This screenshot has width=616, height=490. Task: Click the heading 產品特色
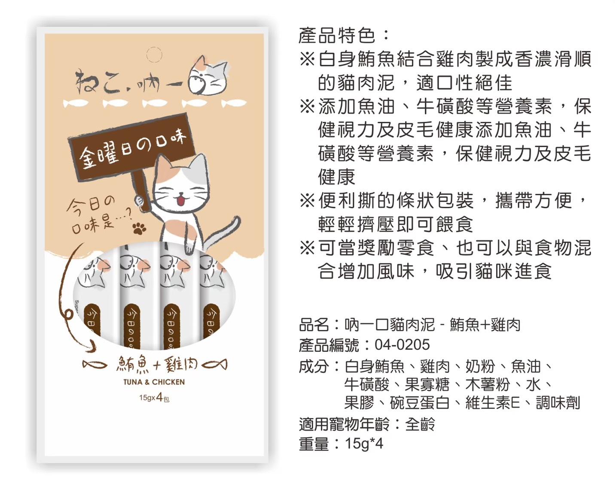(x=338, y=36)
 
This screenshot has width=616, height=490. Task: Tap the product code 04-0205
(x=402, y=345)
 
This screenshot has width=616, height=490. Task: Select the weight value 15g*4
(x=364, y=444)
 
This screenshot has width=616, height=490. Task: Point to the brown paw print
(x=139, y=228)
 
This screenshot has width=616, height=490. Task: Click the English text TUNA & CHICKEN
(x=154, y=382)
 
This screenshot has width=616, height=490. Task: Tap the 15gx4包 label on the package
(x=154, y=398)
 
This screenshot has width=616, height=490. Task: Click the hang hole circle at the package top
(x=154, y=55)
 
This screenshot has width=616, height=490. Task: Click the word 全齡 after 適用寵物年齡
(x=420, y=424)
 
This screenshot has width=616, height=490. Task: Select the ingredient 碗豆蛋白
(x=419, y=403)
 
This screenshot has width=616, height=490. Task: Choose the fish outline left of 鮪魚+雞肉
(x=95, y=365)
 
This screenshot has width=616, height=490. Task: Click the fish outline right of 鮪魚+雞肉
(x=214, y=365)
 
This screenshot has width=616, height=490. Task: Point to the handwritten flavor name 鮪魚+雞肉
(x=156, y=365)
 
